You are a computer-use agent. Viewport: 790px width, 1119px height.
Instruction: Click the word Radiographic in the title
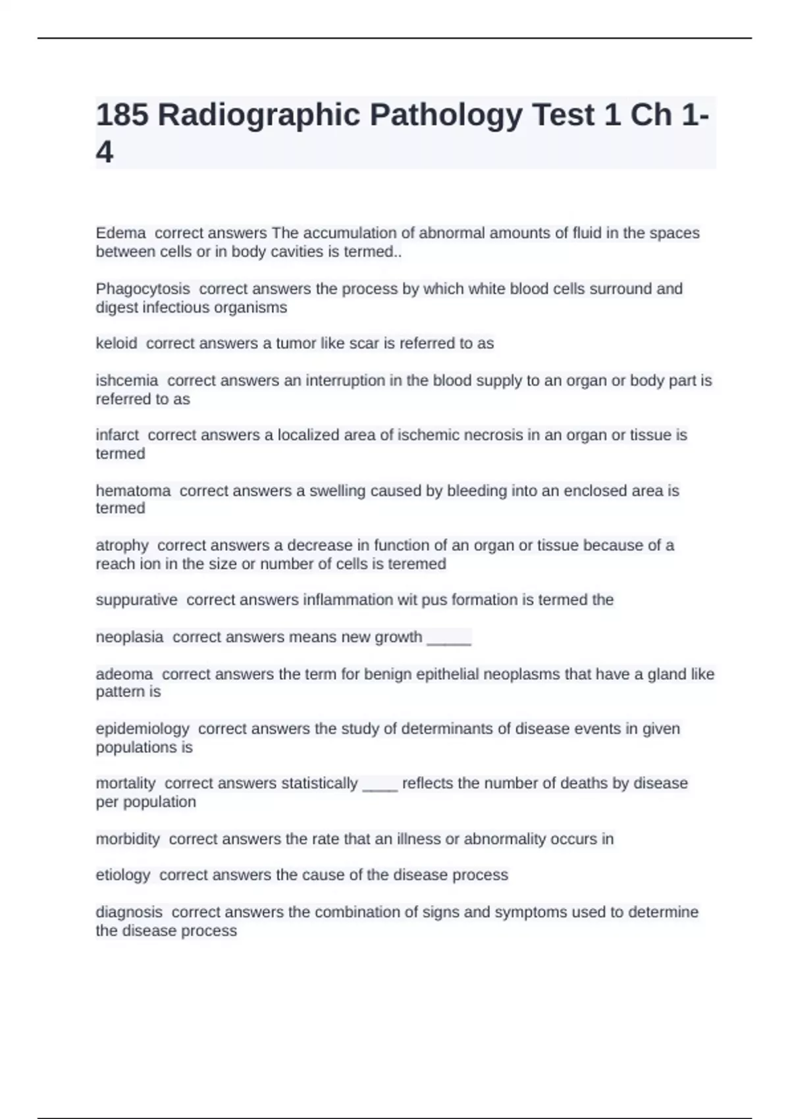pyautogui.click(x=259, y=115)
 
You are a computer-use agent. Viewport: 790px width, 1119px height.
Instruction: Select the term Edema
pyautogui.click(x=120, y=233)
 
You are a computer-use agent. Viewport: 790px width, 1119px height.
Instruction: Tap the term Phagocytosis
pyautogui.click(x=143, y=289)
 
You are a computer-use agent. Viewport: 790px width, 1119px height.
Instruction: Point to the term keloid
pyautogui.click(x=117, y=344)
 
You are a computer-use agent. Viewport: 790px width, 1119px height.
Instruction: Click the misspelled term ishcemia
pyautogui.click(x=127, y=380)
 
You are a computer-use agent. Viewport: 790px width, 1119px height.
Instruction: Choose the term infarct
pyautogui.click(x=117, y=435)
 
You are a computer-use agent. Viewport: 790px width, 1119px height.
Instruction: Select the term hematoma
pyautogui.click(x=133, y=490)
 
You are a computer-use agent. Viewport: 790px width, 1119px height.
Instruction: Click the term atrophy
pyautogui.click(x=122, y=546)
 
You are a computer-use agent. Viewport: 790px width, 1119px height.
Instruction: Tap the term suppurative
pyautogui.click(x=136, y=600)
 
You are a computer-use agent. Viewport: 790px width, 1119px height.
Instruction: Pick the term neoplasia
pyautogui.click(x=130, y=637)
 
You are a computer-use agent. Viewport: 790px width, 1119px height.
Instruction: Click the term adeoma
pyautogui.click(x=124, y=674)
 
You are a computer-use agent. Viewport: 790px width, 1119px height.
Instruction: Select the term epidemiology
pyautogui.click(x=142, y=729)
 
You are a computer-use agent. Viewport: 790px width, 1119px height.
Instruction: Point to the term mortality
pyautogui.click(x=126, y=783)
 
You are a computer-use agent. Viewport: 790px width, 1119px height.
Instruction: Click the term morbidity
pyautogui.click(x=128, y=839)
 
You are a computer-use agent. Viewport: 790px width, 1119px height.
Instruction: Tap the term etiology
pyautogui.click(x=123, y=875)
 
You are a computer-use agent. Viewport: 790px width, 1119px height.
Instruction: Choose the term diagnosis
pyautogui.click(x=129, y=912)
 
